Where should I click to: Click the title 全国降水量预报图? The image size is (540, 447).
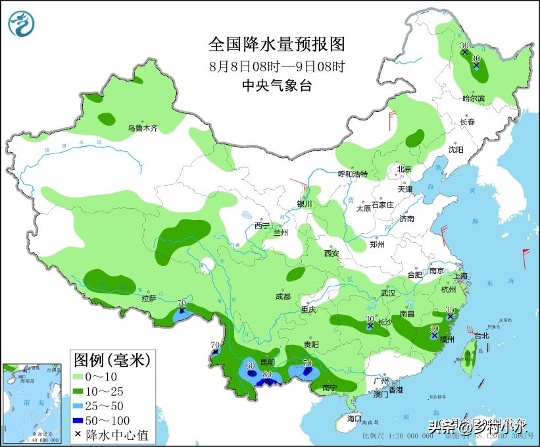[276, 44]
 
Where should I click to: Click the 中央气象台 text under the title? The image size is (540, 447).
[276, 85]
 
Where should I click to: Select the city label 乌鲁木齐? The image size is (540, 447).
[143, 128]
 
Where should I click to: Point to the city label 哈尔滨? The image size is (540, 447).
[472, 99]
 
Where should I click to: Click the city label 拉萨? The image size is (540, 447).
[148, 298]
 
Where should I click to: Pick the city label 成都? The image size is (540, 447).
[283, 296]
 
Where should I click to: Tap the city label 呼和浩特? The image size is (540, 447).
[353, 174]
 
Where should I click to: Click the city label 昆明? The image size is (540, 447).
[267, 363]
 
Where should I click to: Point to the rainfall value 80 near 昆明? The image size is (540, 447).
[267, 375]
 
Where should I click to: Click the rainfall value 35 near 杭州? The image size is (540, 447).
[450, 309]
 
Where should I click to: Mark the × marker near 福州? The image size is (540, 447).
[434, 336]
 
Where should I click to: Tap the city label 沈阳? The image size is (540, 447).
[456, 150]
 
